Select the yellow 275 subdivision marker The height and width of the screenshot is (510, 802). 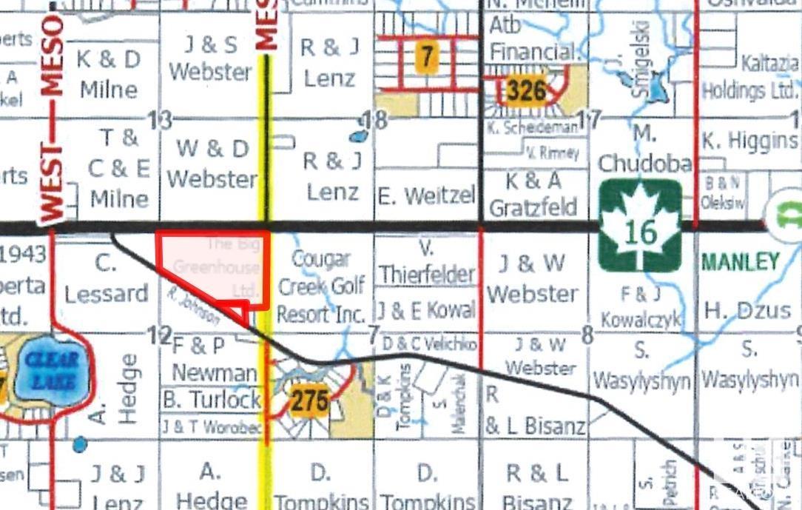point(309,401)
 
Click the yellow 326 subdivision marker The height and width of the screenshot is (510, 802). point(526,91)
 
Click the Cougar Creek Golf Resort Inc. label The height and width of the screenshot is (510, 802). point(320,286)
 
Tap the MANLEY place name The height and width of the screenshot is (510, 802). point(740,261)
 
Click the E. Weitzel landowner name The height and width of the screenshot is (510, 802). point(425,195)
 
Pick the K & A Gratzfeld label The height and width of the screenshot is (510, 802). point(533,194)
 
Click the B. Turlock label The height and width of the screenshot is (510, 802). point(212,400)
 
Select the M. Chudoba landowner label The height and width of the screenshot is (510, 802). point(644,149)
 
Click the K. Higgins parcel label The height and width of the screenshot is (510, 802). point(749,140)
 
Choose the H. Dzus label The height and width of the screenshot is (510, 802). point(747,311)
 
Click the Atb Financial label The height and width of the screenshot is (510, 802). point(533,38)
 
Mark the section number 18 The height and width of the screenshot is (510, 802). point(377,121)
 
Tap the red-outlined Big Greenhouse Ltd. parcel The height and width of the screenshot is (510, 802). point(215,270)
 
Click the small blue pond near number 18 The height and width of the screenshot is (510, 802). point(358,137)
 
